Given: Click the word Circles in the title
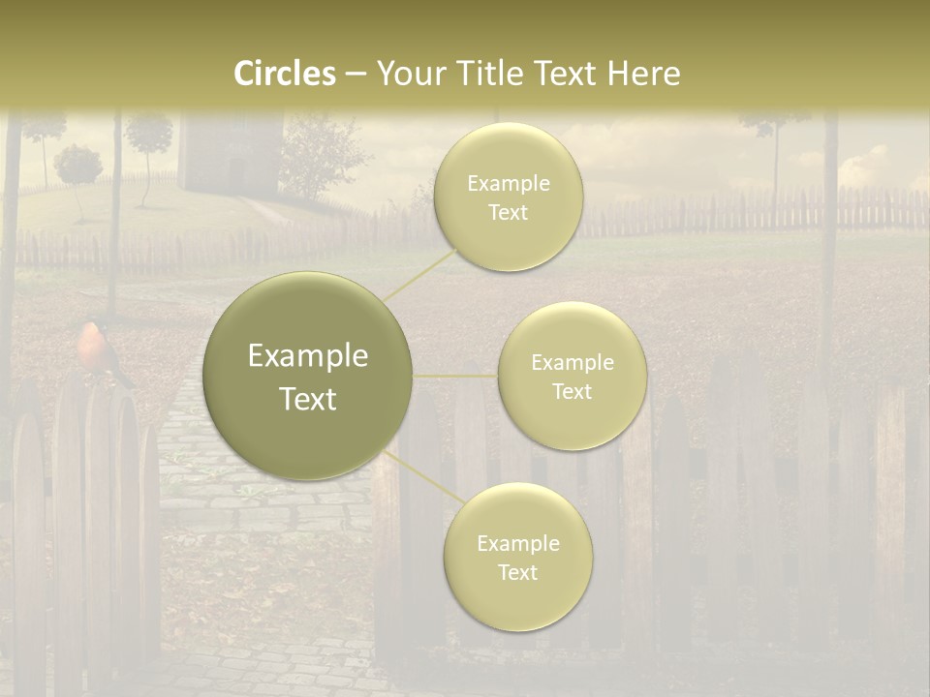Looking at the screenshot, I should pyautogui.click(x=284, y=74).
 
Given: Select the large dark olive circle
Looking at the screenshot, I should pyautogui.click(x=307, y=376).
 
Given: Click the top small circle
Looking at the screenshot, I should pyautogui.click(x=508, y=197).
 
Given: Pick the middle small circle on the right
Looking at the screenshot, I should pyautogui.click(x=572, y=376).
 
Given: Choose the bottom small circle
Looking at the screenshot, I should pyautogui.click(x=517, y=557).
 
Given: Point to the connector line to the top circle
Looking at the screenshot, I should pyautogui.click(x=418, y=274).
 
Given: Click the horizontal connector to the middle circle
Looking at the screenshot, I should pyautogui.click(x=454, y=376).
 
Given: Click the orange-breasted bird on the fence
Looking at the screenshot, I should pyautogui.click(x=93, y=347).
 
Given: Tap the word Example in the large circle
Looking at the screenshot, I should pyautogui.click(x=307, y=356).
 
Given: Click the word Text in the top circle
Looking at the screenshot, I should pyautogui.click(x=508, y=212).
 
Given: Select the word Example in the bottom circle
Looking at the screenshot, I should pyautogui.click(x=517, y=543).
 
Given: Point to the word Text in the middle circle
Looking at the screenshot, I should pyautogui.click(x=572, y=391).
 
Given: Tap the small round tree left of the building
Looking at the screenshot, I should pyautogui.click(x=77, y=167).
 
